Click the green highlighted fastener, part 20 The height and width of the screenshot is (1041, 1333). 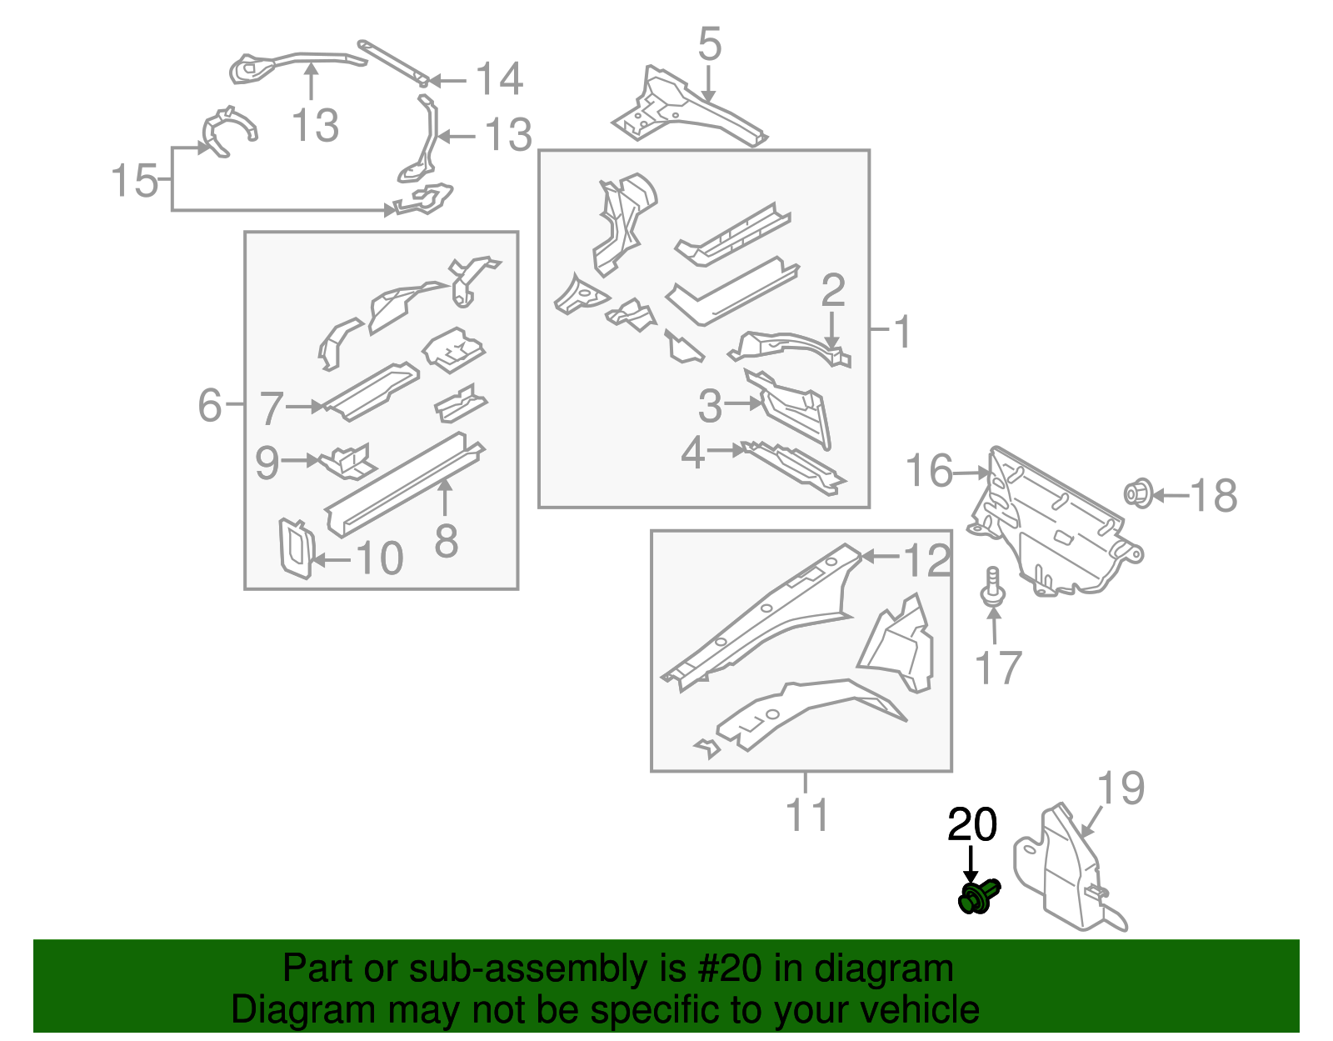pos(977,898)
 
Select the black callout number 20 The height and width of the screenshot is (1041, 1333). pos(971,825)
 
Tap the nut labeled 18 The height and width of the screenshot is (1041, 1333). pos(1137,493)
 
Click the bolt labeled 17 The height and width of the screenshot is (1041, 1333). pos(992,588)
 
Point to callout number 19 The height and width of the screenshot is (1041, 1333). pos(1121,788)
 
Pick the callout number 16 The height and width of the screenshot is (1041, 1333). pos(929,471)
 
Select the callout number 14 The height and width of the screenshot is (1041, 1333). pos(499,80)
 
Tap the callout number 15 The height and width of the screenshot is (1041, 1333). pos(134,181)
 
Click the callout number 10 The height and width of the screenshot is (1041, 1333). pos(380,558)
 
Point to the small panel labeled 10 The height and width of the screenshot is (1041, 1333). pos(295,548)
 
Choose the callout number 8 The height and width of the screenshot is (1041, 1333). pos(447,541)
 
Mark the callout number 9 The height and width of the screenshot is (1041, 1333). pos(267,463)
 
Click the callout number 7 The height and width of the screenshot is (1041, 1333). pos(272,409)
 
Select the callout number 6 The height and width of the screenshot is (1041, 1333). pos(210,405)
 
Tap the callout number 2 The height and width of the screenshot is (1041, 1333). pos(833,291)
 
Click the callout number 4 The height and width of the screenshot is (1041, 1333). pos(693,454)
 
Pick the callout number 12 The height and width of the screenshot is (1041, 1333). pos(927,561)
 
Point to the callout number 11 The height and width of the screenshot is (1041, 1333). pos(807,814)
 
